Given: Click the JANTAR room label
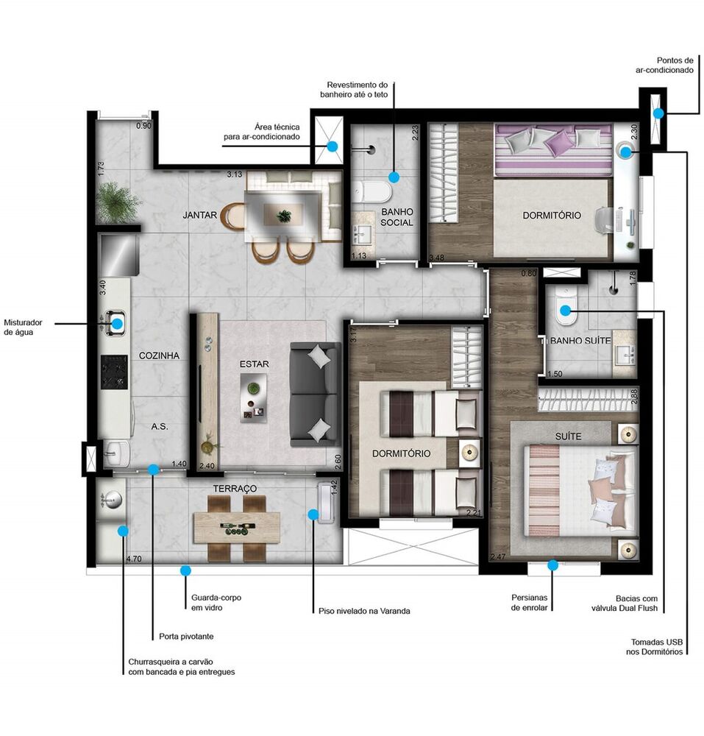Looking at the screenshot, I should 200,216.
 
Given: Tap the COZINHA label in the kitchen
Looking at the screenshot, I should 160,355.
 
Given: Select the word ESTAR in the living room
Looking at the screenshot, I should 255,364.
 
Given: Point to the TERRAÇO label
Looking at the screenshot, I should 235,489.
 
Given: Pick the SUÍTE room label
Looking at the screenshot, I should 569,436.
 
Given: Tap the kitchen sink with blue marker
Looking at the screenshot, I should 117,322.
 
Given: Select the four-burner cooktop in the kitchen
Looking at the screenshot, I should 115,372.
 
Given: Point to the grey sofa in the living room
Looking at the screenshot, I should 314,394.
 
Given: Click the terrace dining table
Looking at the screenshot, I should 236,527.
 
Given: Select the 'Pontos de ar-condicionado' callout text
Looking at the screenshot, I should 665,65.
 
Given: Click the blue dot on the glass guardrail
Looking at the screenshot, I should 185,570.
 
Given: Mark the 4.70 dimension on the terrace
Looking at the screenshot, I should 134,559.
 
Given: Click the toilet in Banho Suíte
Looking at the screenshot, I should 565,315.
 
